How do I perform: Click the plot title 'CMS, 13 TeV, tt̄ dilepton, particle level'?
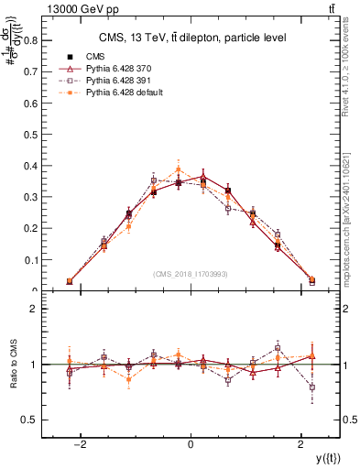(x=192, y=38)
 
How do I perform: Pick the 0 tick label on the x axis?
(x=191, y=445)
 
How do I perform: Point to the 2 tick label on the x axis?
(x=301, y=445)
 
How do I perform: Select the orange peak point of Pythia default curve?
(x=179, y=170)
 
